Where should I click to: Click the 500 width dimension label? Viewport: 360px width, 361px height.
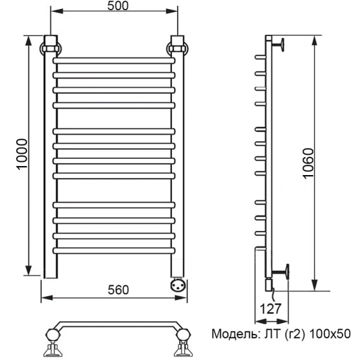pos(114,5)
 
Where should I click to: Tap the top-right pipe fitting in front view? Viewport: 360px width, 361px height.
pos(178,46)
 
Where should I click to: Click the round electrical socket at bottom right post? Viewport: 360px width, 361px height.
pos(179,284)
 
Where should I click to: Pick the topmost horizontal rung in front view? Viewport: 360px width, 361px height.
pos(114,61)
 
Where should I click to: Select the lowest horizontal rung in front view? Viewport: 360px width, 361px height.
pos(114,250)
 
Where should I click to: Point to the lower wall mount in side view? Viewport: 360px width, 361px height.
pos(281,271)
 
